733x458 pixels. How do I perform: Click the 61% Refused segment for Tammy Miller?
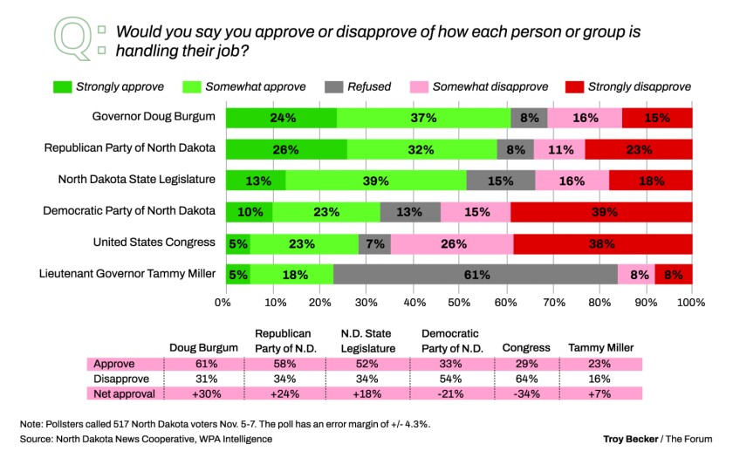point(476,275)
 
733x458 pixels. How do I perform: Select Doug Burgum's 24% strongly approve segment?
point(282,118)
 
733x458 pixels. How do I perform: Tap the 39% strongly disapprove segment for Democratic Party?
point(601,212)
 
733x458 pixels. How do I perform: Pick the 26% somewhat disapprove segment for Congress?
point(452,243)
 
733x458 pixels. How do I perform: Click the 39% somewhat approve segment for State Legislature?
point(376,181)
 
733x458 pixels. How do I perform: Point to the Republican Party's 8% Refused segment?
point(515,149)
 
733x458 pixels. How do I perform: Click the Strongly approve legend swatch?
point(62,86)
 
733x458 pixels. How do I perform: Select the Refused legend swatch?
point(336,86)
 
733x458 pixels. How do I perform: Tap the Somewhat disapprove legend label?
point(490,86)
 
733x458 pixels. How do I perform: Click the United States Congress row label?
point(154,243)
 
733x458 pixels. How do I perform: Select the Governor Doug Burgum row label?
point(154,117)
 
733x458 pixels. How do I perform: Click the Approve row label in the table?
point(114,364)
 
